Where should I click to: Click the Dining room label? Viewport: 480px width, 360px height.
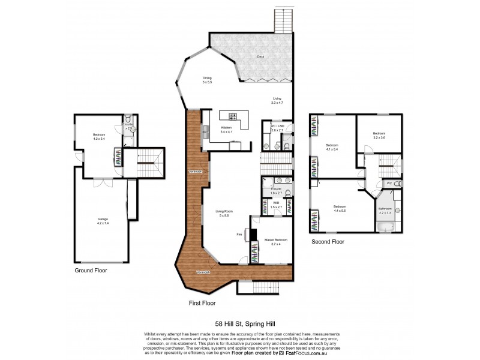[206, 79]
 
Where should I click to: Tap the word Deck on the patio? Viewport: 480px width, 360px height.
[260, 56]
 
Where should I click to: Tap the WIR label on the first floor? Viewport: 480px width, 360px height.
[277, 205]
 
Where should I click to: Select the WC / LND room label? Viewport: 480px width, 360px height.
[277, 128]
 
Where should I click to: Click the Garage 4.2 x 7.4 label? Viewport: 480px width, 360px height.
[103, 221]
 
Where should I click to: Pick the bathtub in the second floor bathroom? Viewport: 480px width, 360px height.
[385, 227]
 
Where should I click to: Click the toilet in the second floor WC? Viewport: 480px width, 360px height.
[398, 183]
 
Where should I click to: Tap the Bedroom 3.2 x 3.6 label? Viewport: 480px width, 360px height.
[379, 136]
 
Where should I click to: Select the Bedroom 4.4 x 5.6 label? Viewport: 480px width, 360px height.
[340, 208]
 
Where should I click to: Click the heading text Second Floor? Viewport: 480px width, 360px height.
[328, 242]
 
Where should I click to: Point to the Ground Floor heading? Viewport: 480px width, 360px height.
[91, 271]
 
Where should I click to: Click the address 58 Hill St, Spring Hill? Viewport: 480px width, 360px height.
[239, 322]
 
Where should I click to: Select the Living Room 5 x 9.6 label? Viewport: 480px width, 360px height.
[225, 213]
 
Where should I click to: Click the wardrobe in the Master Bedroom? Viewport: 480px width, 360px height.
[254, 256]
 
